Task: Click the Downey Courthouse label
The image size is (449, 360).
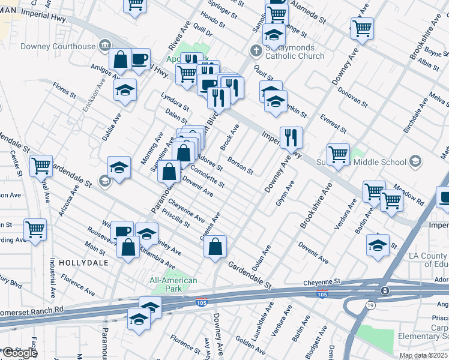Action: click(x=58, y=46)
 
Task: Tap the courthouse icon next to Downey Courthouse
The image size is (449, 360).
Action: click(x=105, y=45)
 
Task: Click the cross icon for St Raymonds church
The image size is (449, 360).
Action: click(x=255, y=50)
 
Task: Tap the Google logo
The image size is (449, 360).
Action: click(x=20, y=353)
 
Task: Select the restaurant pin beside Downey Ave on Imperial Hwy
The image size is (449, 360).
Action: click(x=291, y=137)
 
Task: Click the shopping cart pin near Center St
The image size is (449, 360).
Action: click(x=41, y=166)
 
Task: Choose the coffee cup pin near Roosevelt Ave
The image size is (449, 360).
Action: click(x=123, y=230)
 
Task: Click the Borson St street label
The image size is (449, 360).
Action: click(x=240, y=165)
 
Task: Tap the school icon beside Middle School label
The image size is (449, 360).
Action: click(x=415, y=161)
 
